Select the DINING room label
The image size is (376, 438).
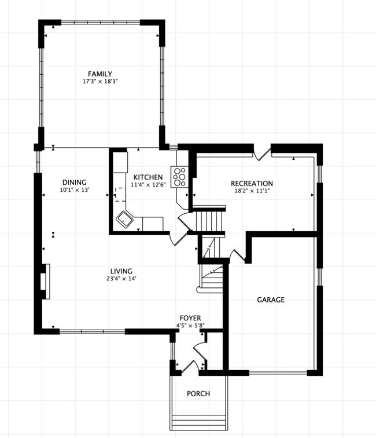[74, 182]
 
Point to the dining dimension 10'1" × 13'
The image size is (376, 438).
[74, 189]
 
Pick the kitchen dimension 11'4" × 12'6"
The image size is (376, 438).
[148, 185]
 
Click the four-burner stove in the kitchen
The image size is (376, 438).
[179, 175]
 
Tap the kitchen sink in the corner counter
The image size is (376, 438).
[124, 220]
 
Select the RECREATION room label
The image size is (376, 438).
[252, 184]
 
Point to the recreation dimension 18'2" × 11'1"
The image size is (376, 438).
[252, 191]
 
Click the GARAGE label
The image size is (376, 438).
[271, 300]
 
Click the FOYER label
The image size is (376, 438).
[190, 318]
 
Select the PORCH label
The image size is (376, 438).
[198, 393]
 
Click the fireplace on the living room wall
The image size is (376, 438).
[46, 281]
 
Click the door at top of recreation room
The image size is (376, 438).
[263, 153]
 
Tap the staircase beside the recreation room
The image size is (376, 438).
[208, 220]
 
